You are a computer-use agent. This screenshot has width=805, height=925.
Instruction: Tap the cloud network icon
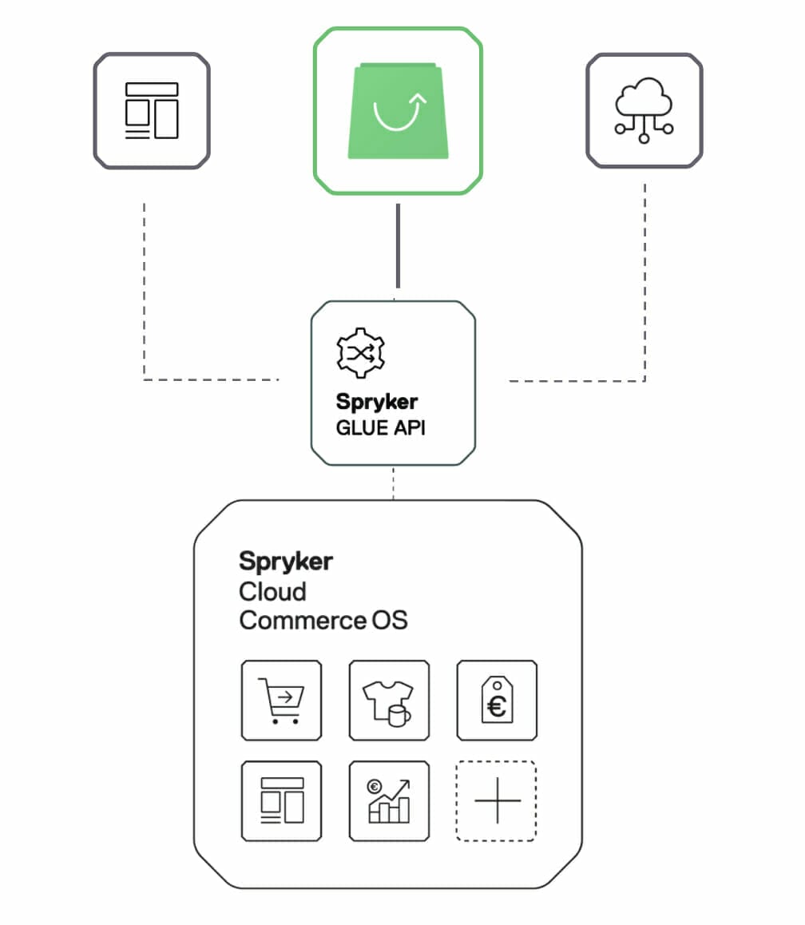pyautogui.click(x=644, y=109)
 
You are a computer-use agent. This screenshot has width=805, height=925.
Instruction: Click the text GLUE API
pyautogui.click(x=380, y=427)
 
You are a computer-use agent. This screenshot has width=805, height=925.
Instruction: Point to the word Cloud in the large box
pyautogui.click(x=272, y=592)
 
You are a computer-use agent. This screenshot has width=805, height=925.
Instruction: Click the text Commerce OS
pyautogui.click(x=323, y=620)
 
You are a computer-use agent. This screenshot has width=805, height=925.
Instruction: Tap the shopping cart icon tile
pyautogui.click(x=281, y=700)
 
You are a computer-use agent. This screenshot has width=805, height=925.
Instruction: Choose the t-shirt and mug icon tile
pyautogui.click(x=389, y=700)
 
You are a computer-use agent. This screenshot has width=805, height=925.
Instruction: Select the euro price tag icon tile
pyautogui.click(x=497, y=700)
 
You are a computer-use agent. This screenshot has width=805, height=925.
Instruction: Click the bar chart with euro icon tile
pyautogui.click(x=389, y=800)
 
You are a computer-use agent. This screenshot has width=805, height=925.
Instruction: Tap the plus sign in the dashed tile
pyautogui.click(x=497, y=800)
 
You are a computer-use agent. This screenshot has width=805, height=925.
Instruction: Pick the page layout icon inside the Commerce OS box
pyautogui.click(x=281, y=800)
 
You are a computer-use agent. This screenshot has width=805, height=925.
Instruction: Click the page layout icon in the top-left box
pyautogui.click(x=152, y=110)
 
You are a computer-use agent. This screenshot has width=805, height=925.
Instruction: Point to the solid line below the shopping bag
pyautogui.click(x=398, y=246)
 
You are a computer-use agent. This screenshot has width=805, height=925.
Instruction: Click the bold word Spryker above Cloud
pyautogui.click(x=286, y=562)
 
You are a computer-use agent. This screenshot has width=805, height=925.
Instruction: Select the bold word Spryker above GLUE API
pyautogui.click(x=377, y=402)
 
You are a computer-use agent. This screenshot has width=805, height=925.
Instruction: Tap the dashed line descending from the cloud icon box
pyautogui.click(x=644, y=280)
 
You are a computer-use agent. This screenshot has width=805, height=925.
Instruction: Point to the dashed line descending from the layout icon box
pyautogui.click(x=144, y=288)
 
